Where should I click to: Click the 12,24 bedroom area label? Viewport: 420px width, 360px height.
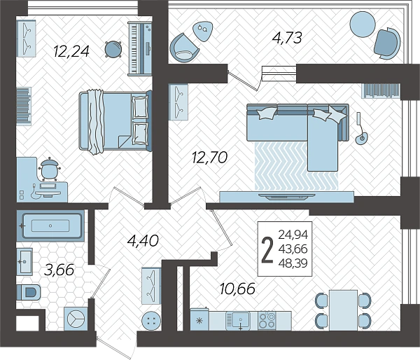[71, 51]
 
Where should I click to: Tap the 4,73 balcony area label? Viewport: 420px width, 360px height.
[287, 38]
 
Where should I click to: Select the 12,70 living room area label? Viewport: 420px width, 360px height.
[210, 158]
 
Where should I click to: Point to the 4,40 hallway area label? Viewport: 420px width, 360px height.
[143, 240]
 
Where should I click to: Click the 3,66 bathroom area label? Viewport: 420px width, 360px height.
[59, 270]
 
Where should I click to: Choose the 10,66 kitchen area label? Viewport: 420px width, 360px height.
[237, 289]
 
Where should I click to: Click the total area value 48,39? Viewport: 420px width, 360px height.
[293, 263]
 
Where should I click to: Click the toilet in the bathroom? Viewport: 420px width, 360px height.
[29, 293]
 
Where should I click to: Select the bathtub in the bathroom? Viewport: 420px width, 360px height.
[50, 226]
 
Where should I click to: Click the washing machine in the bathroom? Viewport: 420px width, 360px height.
[76, 319]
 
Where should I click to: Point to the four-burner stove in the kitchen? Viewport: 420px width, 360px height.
[267, 320]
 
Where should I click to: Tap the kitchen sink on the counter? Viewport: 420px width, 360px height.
[238, 320]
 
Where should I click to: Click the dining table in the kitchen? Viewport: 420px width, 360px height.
[344, 310]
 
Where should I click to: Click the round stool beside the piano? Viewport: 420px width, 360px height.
[113, 49]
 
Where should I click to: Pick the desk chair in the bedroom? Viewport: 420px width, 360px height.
[49, 169]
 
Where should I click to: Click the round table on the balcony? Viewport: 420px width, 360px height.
[363, 24]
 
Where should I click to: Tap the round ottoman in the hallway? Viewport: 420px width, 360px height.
[151, 320]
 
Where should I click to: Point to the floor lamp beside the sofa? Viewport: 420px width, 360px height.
[360, 128]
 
